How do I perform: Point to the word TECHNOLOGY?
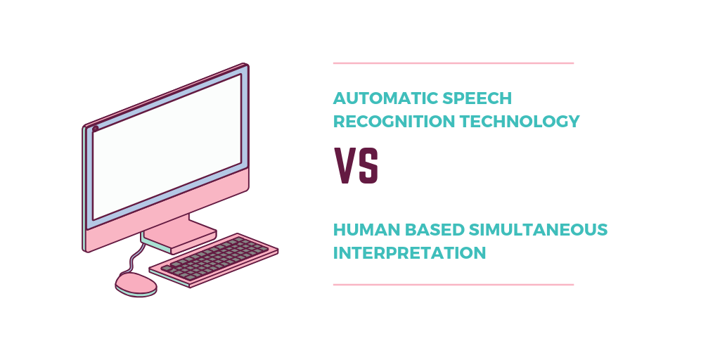click(x=520, y=122)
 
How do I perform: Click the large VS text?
click(x=356, y=166)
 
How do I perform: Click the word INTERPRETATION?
click(x=409, y=252)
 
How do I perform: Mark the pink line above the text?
click(x=454, y=63)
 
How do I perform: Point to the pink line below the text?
click(x=454, y=285)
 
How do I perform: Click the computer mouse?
click(x=136, y=283)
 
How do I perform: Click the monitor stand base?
click(x=179, y=235)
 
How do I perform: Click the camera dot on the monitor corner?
click(x=96, y=129)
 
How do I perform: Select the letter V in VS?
click(x=344, y=166)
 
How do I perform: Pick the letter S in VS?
click(x=368, y=166)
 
